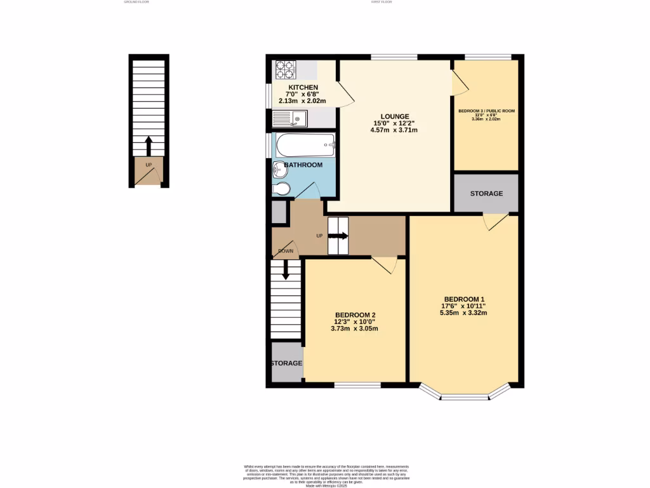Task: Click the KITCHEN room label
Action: click(303, 87)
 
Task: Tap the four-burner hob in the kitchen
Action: click(286, 69)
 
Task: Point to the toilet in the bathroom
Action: click(282, 188)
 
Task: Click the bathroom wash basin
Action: click(279, 170)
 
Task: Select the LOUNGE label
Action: click(394, 116)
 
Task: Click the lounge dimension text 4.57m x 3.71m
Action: click(394, 130)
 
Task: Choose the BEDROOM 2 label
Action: click(355, 315)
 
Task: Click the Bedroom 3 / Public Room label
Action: click(486, 111)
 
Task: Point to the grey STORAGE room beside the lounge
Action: click(486, 193)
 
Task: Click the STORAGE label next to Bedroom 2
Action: click(286, 363)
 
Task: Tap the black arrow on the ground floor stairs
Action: click(149, 145)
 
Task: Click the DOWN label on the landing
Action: click(285, 251)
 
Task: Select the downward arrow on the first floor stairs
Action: click(285, 269)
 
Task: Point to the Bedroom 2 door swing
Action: click(385, 264)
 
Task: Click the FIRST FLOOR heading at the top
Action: click(381, 2)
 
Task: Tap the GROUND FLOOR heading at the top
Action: click(136, 2)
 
